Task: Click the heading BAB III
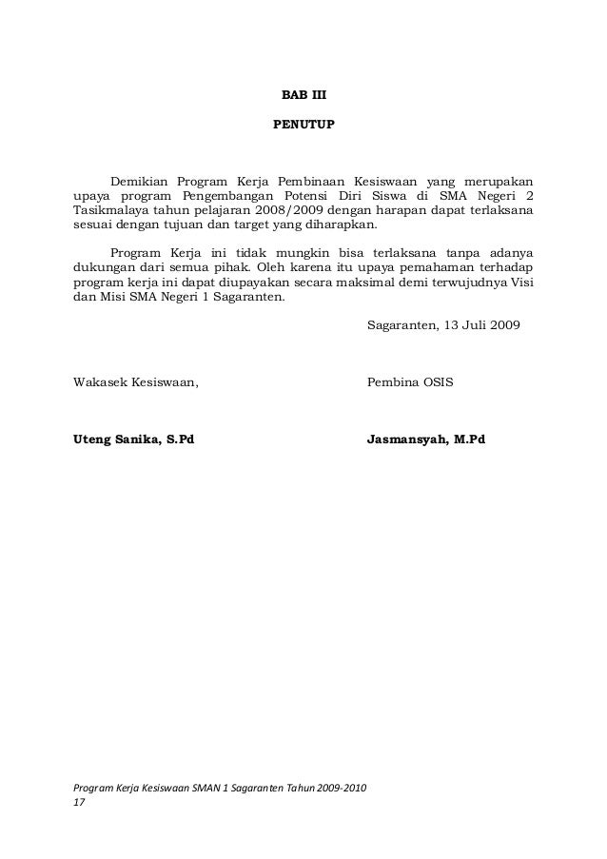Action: [303, 96]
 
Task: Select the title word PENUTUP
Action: [303, 125]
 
